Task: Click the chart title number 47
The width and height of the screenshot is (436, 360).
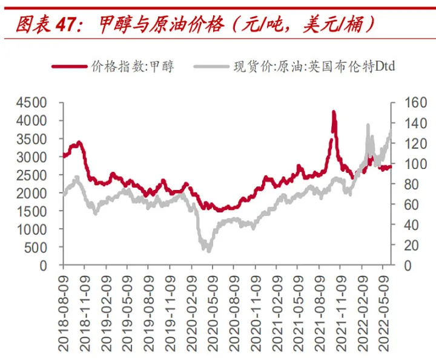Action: (x=67, y=24)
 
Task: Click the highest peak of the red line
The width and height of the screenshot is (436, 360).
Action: (x=334, y=113)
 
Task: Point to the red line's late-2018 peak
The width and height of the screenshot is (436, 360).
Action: (x=78, y=143)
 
